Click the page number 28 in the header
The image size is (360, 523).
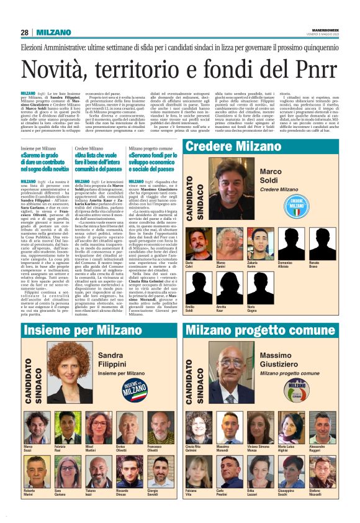(24, 32)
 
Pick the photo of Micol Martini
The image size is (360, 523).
(97, 425)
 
